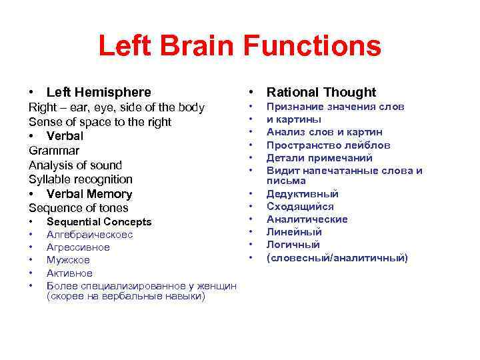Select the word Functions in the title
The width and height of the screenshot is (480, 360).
tap(315, 47)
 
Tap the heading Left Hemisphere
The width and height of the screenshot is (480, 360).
tap(99, 93)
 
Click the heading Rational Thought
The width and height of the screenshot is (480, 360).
tap(321, 93)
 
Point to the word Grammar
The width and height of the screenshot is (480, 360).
tap(54, 151)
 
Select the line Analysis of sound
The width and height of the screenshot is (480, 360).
tap(75, 165)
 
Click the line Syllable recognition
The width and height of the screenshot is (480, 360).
tap(81, 179)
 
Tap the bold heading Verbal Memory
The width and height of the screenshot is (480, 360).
tap(89, 194)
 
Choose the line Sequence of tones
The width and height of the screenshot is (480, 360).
tap(79, 208)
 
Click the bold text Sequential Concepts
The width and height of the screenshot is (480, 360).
tap(99, 222)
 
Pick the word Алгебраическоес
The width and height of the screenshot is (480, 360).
tap(89, 235)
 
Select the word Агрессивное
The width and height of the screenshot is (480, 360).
tap(78, 247)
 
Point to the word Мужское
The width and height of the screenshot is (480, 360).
tap(68, 260)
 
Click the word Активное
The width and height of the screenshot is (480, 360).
tap(69, 273)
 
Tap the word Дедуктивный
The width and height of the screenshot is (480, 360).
tap(303, 194)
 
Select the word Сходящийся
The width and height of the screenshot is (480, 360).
tap(300, 207)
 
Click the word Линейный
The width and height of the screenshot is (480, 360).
tap(294, 232)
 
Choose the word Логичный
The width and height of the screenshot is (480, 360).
tap(293, 245)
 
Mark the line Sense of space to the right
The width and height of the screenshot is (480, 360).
tap(100, 122)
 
